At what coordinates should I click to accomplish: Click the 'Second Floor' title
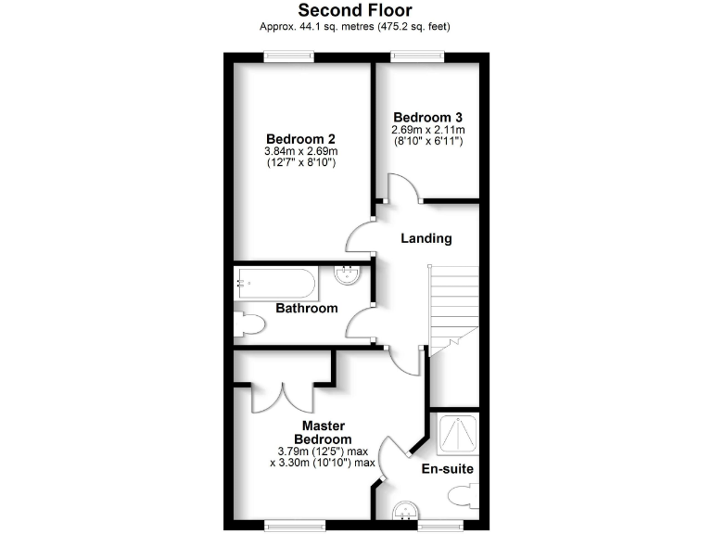(x=355, y=10)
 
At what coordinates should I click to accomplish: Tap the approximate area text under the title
(x=355, y=27)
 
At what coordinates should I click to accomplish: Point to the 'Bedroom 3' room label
(x=427, y=117)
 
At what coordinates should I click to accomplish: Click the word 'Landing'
(x=426, y=238)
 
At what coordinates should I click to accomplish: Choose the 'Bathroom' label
(x=306, y=308)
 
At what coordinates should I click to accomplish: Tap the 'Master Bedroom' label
(x=323, y=432)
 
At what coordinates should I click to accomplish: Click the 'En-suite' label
(x=448, y=469)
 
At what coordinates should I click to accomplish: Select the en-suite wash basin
(x=407, y=511)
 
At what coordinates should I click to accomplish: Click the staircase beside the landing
(x=451, y=306)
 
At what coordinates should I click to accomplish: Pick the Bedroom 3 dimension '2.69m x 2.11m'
(x=427, y=130)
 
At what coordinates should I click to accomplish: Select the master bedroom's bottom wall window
(x=288, y=524)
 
